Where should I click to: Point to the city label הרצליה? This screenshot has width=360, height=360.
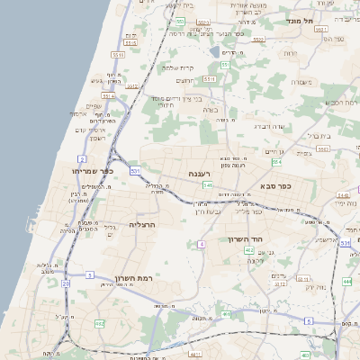click(143, 223)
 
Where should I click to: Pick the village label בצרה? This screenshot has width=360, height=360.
click(211, 110)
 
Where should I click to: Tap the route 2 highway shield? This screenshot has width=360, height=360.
click(82, 157)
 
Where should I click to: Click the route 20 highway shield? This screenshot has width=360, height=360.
click(66, 283)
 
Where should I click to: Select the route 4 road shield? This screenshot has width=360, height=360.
click(202, 243)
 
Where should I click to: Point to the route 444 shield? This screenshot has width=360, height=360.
click(346, 282)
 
